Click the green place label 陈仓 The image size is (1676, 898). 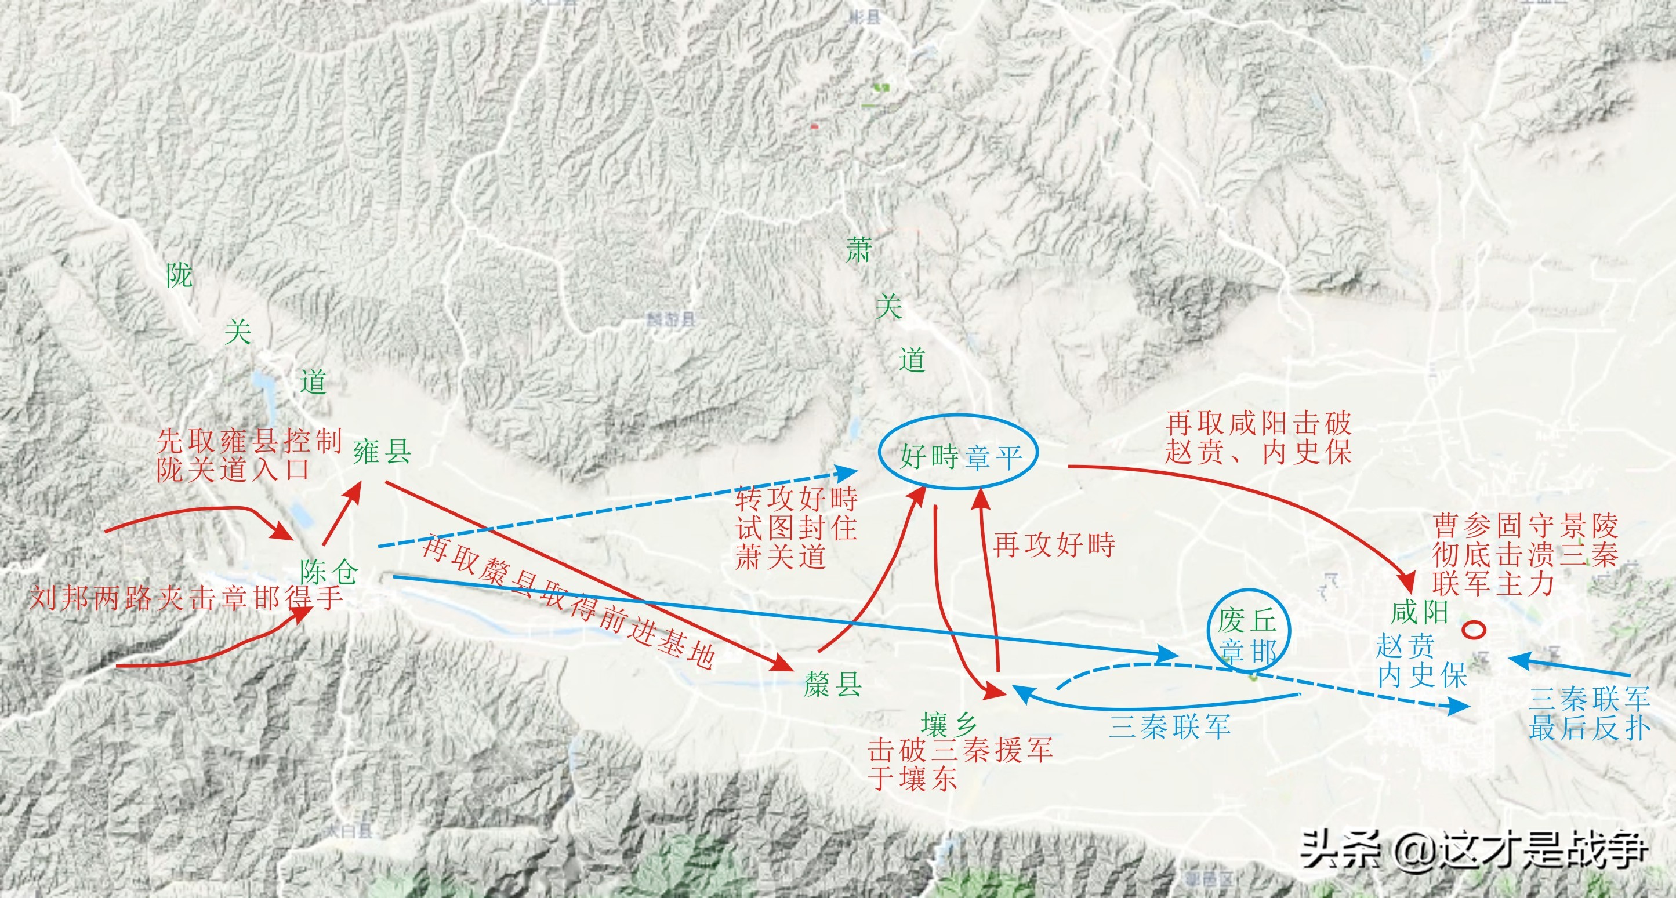[329, 572]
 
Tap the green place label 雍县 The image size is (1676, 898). [382, 451]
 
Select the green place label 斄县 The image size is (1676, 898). [833, 685]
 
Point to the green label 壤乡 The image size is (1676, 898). [949, 724]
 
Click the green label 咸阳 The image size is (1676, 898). [1419, 612]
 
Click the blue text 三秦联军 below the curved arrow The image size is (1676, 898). [1169, 726]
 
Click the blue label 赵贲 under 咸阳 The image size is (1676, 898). [1406, 646]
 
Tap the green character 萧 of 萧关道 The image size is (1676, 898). [858, 250]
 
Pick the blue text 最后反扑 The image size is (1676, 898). [1589, 728]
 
